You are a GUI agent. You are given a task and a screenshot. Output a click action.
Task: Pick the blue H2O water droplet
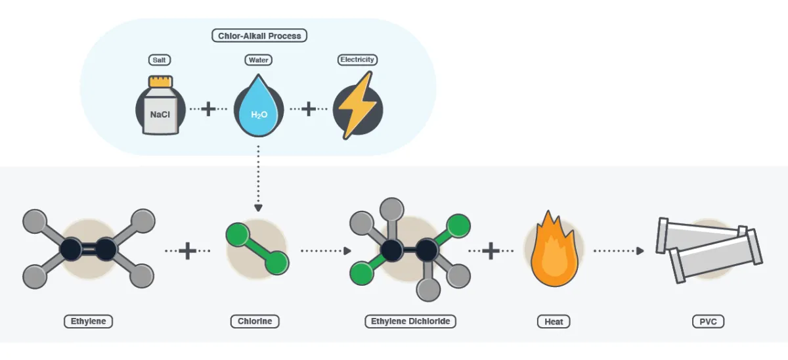coord(259,108)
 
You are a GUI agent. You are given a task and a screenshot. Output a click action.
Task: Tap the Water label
coord(259,60)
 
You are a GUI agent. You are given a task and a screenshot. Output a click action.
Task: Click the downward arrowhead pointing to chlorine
coord(258,208)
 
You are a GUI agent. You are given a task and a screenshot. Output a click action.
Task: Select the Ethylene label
coord(89,322)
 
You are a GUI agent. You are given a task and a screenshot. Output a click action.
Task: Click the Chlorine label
coord(255,322)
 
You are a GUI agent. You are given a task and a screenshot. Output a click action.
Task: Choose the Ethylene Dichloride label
coord(410,322)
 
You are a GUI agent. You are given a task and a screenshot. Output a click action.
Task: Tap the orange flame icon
coord(554,249)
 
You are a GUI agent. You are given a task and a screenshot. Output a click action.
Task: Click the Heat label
coord(553,322)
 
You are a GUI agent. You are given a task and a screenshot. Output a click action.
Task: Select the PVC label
coord(709,322)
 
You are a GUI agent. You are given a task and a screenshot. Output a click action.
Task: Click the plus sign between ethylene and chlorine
coord(188,250)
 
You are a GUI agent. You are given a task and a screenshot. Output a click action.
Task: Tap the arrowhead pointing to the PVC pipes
coord(640,250)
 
